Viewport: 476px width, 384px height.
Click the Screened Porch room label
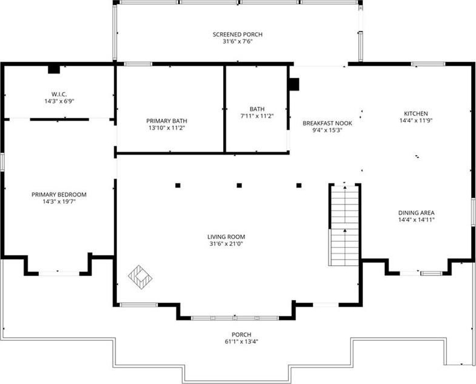238,35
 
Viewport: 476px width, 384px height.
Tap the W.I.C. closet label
59,94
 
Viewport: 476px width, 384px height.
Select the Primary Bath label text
167,121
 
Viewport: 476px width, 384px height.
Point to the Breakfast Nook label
327,124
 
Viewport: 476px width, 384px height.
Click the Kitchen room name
416,114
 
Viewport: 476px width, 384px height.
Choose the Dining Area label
416,213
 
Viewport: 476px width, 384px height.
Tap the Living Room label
226,237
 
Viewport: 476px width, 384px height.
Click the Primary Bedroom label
59,194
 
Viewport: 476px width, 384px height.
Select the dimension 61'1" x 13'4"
241,342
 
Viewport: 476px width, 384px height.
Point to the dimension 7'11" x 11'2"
257,116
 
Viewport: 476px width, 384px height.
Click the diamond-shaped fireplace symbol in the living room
140,277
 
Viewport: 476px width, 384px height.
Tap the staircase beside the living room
345,225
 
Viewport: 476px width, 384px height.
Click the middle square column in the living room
239,186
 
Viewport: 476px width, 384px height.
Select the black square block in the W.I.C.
53,69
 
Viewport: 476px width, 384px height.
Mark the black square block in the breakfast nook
294,85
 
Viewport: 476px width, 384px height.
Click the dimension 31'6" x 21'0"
226,244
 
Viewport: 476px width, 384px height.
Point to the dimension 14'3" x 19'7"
59,201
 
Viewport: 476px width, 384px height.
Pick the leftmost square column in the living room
178,186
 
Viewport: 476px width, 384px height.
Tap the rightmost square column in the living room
299,186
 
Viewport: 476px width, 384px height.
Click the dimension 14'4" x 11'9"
416,120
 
